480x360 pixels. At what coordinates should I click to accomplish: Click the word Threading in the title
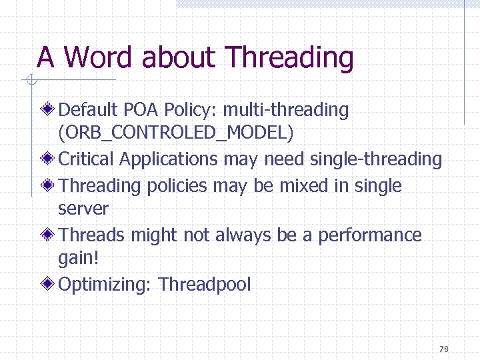click(289, 58)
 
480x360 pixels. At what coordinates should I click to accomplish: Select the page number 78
click(444, 349)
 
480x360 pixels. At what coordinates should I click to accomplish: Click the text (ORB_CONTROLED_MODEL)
click(175, 133)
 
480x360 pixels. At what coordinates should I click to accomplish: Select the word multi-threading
click(286, 110)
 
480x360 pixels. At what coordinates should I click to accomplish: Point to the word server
click(83, 209)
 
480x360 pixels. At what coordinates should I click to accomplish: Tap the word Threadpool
click(205, 285)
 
